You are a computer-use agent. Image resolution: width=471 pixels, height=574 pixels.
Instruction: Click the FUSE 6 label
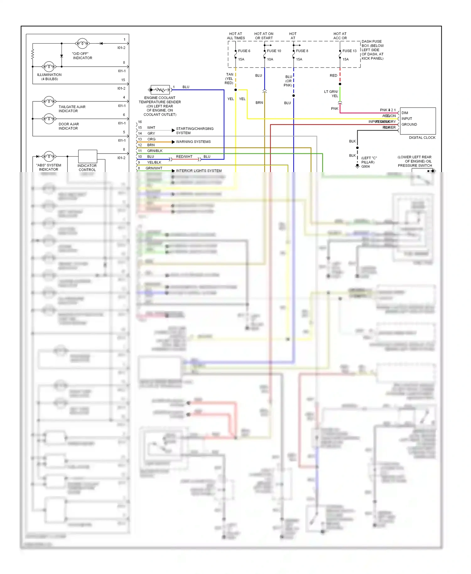(x=244, y=51)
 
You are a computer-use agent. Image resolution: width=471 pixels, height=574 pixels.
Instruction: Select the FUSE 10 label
(x=274, y=51)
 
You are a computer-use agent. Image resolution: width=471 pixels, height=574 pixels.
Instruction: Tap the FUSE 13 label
(x=349, y=51)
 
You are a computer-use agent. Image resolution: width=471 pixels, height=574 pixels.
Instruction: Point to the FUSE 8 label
(x=302, y=51)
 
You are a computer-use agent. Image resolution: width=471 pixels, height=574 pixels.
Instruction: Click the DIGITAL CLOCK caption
(x=422, y=138)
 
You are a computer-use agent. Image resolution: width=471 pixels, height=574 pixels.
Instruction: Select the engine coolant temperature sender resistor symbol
(x=160, y=90)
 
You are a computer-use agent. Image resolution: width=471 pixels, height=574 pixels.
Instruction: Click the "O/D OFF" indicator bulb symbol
(x=82, y=43)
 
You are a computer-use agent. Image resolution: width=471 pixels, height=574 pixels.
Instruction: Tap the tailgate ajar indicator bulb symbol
(x=49, y=101)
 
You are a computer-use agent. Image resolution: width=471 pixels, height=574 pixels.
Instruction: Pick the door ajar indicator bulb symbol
(x=49, y=119)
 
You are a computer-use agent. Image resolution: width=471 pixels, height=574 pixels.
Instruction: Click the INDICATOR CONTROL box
(x=87, y=156)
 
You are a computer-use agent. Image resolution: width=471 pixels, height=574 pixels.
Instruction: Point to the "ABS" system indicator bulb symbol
(x=49, y=156)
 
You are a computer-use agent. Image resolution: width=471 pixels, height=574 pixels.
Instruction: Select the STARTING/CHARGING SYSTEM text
(x=195, y=131)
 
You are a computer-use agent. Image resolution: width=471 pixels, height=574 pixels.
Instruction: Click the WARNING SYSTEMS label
(x=193, y=142)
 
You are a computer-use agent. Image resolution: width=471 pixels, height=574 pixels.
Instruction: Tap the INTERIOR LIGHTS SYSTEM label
(x=198, y=171)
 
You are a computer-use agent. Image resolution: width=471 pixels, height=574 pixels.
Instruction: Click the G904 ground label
(x=365, y=166)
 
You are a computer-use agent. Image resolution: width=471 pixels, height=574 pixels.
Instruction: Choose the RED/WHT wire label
(x=184, y=156)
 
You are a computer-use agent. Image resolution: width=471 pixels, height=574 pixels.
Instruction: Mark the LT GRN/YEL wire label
(x=331, y=94)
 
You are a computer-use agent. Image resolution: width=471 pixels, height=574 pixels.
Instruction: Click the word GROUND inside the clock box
(x=409, y=124)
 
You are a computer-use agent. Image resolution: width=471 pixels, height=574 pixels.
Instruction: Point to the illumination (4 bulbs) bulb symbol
(x=49, y=67)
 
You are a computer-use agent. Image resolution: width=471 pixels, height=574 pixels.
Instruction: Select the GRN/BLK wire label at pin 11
(x=155, y=151)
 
